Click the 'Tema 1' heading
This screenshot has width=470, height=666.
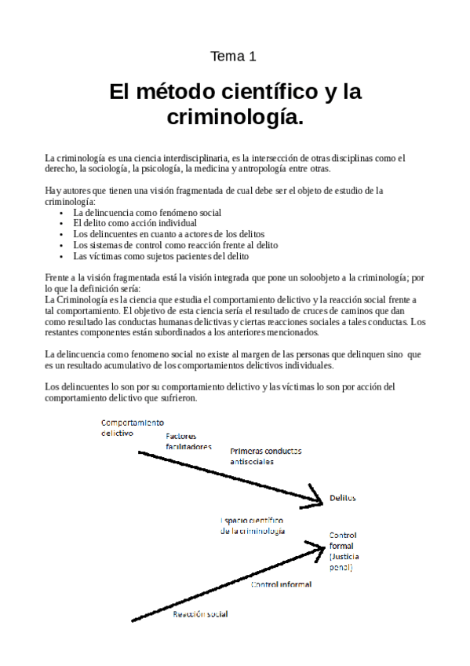coord(234,57)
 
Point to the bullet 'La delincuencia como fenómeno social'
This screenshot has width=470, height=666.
coord(147,212)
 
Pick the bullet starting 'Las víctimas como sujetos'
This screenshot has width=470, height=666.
coord(160,256)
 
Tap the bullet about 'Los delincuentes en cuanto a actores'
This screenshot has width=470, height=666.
coord(169,234)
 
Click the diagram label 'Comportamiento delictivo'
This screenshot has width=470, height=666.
coord(132,427)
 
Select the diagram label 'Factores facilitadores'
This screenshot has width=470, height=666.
coord(188,441)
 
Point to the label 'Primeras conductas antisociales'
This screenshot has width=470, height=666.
coord(265,456)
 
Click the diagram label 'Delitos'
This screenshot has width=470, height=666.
coord(343,498)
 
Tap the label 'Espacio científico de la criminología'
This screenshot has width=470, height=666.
coord(252,525)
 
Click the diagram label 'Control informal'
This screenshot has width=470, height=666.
coord(281,584)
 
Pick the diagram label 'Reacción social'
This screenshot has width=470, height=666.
coord(200,614)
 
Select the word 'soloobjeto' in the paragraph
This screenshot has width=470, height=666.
coord(314,278)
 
